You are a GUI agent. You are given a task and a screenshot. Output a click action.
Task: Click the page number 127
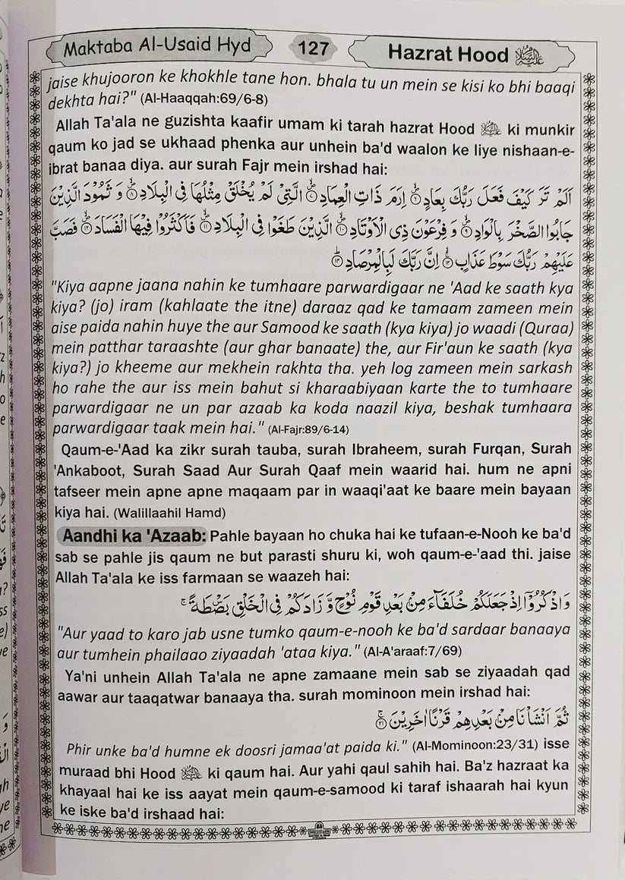[x=311, y=51]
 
